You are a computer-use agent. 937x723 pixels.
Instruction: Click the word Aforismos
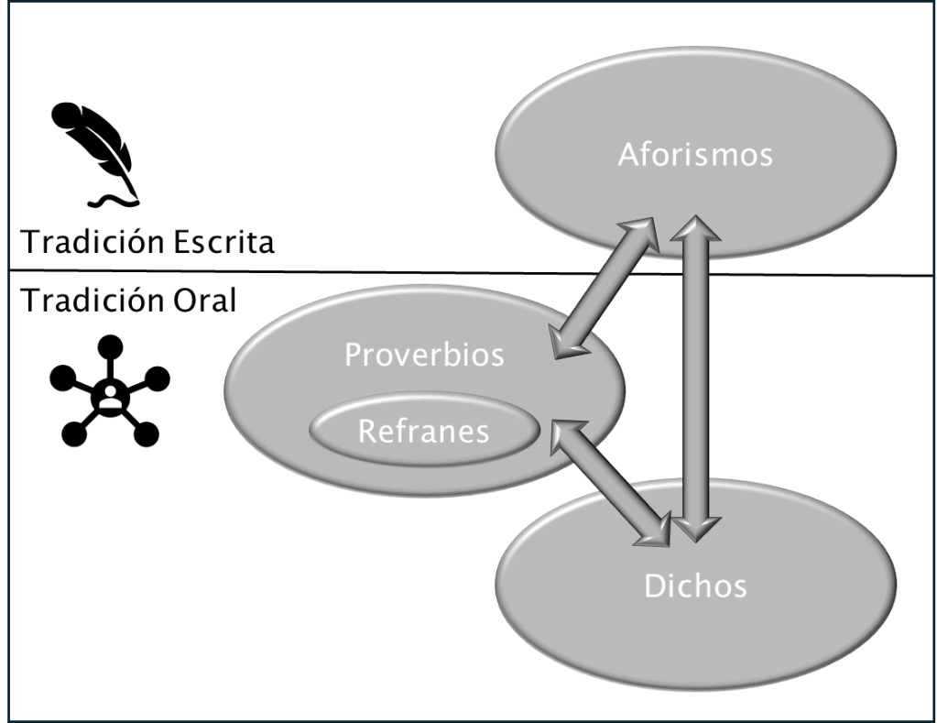click(x=694, y=154)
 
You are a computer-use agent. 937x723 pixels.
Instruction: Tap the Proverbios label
click(x=424, y=354)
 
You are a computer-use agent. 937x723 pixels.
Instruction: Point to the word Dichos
click(x=695, y=586)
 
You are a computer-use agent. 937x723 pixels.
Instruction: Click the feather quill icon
click(x=94, y=151)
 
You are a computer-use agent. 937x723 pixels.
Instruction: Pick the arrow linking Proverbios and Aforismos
click(x=605, y=288)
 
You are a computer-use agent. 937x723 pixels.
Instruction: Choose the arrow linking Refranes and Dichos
click(x=610, y=481)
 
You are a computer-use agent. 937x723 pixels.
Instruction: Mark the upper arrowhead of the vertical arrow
click(x=695, y=231)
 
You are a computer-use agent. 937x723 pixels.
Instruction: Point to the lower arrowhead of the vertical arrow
click(x=695, y=527)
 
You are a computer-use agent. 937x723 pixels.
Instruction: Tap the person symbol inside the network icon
click(x=109, y=396)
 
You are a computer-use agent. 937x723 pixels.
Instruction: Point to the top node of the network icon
click(x=110, y=345)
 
